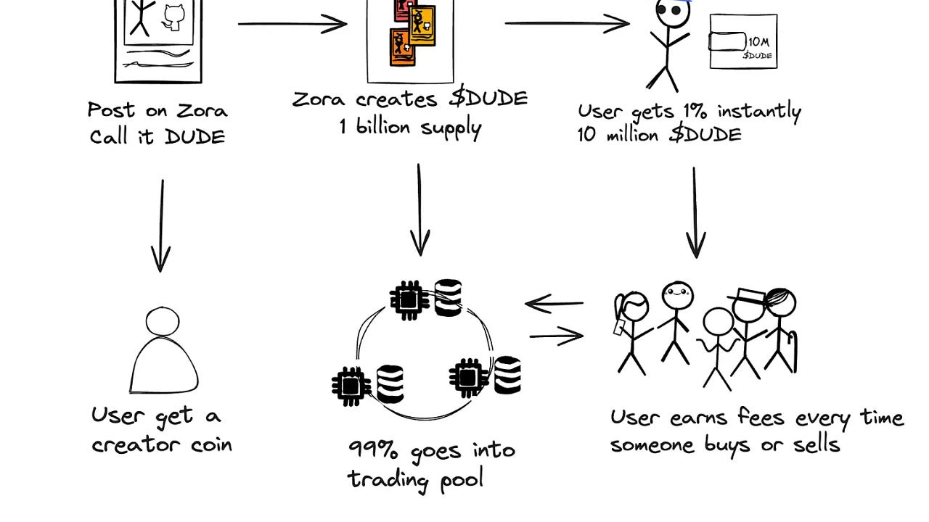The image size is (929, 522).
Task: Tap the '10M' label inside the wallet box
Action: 758,42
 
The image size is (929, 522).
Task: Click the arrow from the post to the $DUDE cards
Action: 292,24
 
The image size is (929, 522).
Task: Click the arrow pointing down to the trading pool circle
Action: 420,210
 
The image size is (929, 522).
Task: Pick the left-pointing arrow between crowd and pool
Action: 554,304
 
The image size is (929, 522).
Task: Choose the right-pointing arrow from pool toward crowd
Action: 557,336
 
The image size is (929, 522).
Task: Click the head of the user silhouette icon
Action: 162,321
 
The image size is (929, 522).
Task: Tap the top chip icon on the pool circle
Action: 407,298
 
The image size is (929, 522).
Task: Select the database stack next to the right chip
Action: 507,375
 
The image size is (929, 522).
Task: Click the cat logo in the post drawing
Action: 173,16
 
